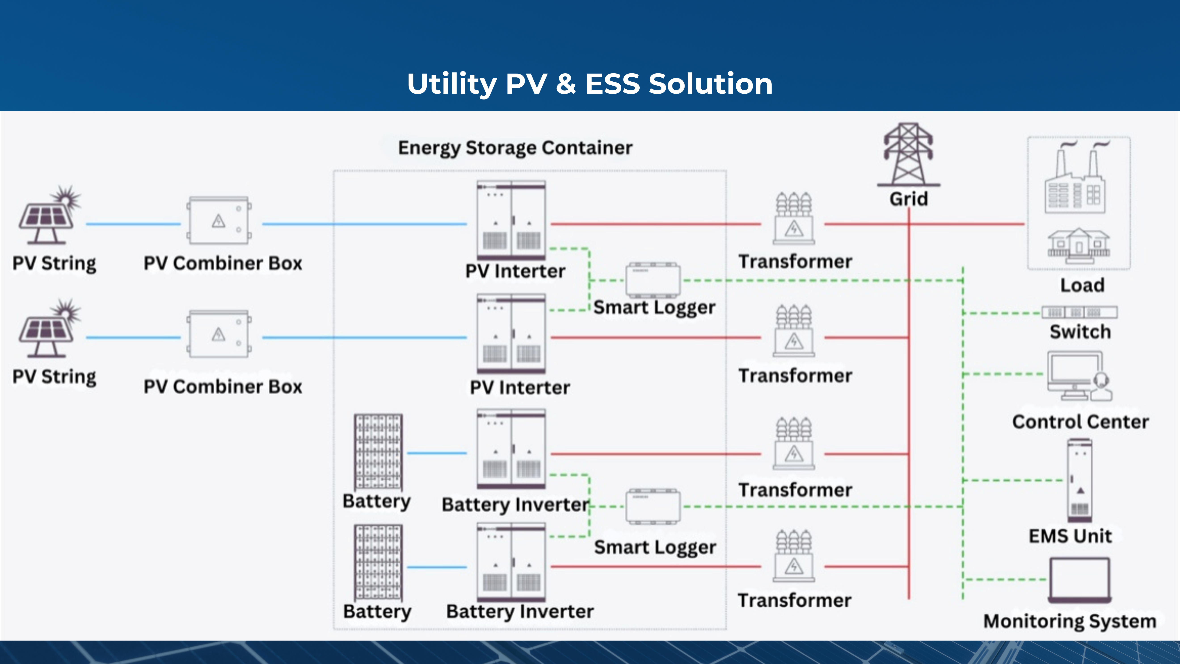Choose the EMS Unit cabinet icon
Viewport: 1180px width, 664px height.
pos(1080,480)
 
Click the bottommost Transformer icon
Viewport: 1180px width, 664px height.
pos(794,556)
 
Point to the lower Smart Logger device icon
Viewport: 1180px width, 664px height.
pos(653,506)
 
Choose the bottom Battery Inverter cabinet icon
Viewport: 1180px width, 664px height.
pos(511,562)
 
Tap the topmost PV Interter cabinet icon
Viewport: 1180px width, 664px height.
pos(511,220)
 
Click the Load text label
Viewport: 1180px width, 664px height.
pos(1082,285)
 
